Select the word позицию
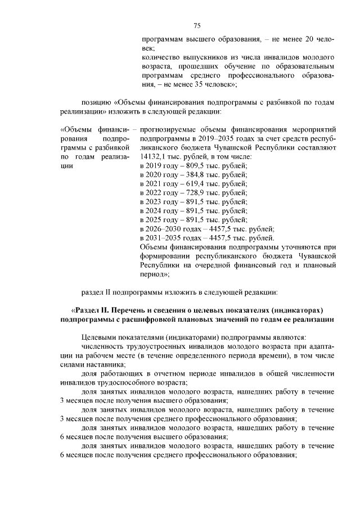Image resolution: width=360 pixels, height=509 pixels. click(x=96, y=103)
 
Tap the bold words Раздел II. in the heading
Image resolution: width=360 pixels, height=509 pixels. click(x=93, y=310)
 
